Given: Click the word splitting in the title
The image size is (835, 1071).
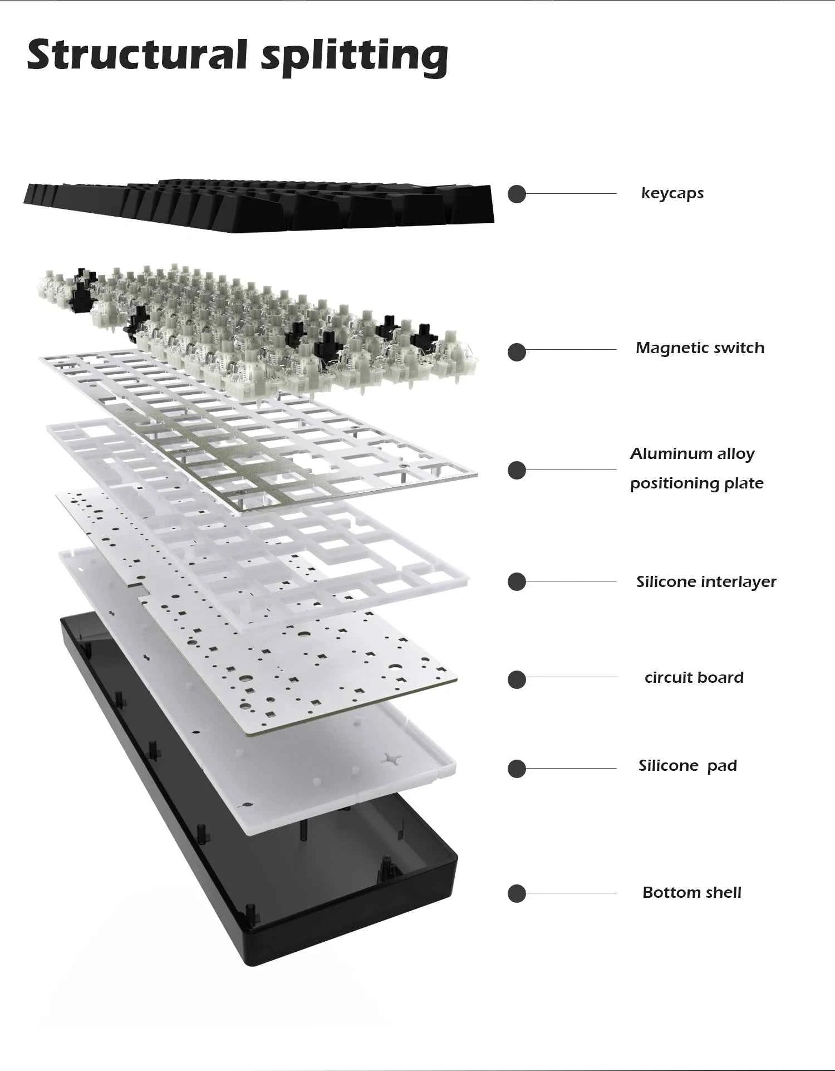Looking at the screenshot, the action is click(355, 58).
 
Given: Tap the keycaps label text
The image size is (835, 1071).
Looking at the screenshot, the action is click(672, 194).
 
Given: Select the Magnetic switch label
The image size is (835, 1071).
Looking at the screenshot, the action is click(700, 348).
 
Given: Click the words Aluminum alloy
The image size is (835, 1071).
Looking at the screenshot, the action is click(692, 454).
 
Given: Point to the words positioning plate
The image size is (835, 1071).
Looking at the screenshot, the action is click(696, 483).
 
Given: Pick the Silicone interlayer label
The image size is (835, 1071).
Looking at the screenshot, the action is click(706, 582).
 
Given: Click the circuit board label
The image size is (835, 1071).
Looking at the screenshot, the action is click(694, 678).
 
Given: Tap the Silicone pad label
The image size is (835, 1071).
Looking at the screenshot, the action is click(687, 766).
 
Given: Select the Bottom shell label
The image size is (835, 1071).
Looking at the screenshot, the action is click(692, 893).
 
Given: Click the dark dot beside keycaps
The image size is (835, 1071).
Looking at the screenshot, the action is click(517, 194).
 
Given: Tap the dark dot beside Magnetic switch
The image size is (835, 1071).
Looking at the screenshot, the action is click(517, 352).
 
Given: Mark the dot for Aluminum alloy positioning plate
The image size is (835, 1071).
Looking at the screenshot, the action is click(517, 470).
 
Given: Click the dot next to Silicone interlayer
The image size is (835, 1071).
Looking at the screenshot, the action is click(517, 581).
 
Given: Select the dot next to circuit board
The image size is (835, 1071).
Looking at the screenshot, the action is click(517, 679).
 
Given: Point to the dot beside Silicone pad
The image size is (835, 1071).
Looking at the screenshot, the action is click(517, 769).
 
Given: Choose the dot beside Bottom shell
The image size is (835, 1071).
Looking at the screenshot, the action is click(517, 893).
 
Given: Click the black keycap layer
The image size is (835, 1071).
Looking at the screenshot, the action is click(259, 206).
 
